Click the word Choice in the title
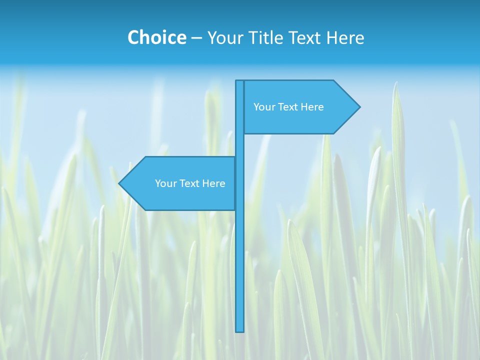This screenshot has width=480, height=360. (156, 37)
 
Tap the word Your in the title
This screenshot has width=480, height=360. (224, 37)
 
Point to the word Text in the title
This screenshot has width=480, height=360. (304, 37)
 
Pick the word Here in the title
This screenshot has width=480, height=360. (345, 37)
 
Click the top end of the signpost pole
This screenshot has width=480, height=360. (240, 82)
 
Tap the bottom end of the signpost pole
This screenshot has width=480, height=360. (240, 330)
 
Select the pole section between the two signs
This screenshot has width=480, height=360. (240, 145)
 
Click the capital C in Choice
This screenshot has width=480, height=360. (133, 37)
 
